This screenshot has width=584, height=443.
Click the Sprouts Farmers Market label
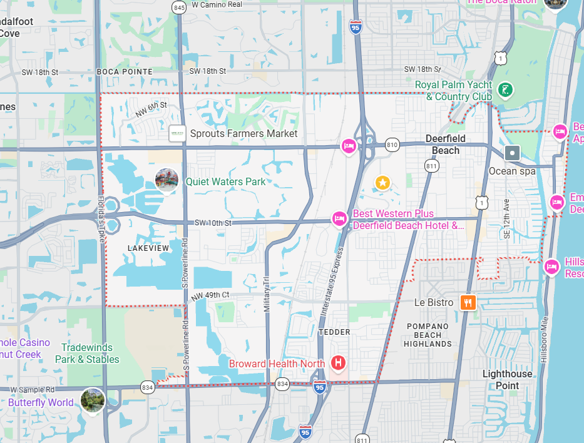coord(243,133)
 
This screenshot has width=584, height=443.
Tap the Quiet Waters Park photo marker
coord(166,180)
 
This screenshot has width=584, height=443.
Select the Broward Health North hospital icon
coord(339,363)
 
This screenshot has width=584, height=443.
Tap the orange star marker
coord(382,183)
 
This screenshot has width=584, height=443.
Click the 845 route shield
coord(179,8)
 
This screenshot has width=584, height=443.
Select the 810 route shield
coord(392,145)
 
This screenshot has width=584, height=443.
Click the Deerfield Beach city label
coord(446,145)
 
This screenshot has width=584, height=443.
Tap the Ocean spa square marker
coord(513,153)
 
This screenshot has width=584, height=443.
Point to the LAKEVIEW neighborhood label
coord(148,248)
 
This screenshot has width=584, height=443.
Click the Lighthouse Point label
coord(507,380)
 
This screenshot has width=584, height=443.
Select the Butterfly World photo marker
coord(93,400)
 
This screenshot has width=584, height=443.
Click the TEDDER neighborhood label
coord(334,332)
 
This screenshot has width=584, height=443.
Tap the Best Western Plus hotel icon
coord(339,219)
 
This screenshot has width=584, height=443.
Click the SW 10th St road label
coord(213,223)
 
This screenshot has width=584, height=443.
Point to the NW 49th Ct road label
coord(211,295)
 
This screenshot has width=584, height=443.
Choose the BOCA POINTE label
coord(125,72)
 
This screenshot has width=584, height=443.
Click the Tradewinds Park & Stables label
coord(87,354)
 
